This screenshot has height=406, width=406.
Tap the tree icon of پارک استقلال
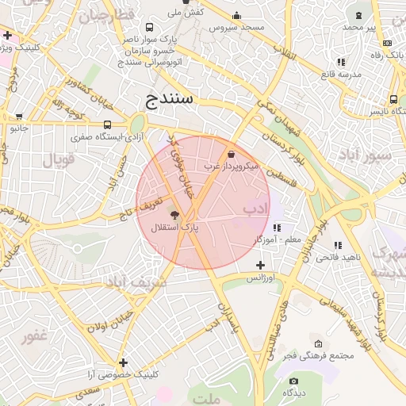point(174,214)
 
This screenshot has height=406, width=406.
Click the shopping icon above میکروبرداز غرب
point(231,155)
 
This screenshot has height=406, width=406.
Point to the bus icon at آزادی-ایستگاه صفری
point(107,124)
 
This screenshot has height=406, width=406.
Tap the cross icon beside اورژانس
point(260,265)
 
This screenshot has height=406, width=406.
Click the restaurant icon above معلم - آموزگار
point(276,228)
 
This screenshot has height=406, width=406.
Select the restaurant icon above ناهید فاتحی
point(339,246)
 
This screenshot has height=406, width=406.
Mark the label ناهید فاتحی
point(339,258)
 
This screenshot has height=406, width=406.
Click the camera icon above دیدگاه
point(293,381)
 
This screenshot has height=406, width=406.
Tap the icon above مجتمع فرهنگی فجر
point(318,344)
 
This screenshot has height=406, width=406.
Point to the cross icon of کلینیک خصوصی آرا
point(123,362)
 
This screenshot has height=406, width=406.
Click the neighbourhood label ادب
point(256,209)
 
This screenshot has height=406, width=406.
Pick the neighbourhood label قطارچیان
point(105,16)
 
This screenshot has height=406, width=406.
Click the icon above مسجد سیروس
point(236,15)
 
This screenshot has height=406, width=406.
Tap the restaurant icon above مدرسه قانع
point(341,62)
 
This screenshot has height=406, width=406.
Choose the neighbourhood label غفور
point(36,335)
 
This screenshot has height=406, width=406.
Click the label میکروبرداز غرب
point(231,167)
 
